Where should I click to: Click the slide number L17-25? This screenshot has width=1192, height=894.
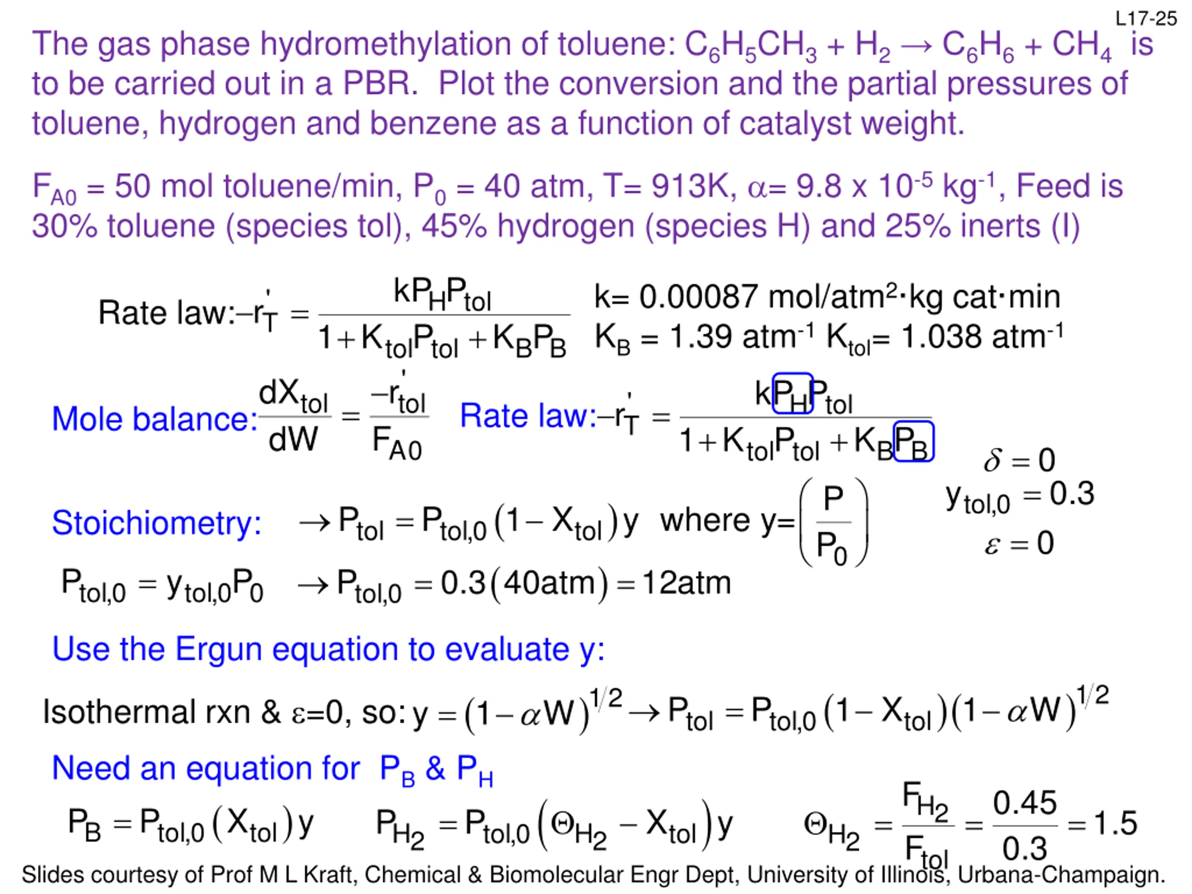click(1145, 19)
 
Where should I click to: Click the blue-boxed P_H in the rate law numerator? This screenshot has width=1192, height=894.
click(792, 394)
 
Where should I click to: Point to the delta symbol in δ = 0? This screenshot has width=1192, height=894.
click(993, 461)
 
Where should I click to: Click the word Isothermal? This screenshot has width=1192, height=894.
click(119, 712)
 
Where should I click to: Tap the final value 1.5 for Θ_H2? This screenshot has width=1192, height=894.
click(1116, 823)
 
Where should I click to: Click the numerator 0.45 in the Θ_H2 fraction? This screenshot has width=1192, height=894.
click(1024, 803)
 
